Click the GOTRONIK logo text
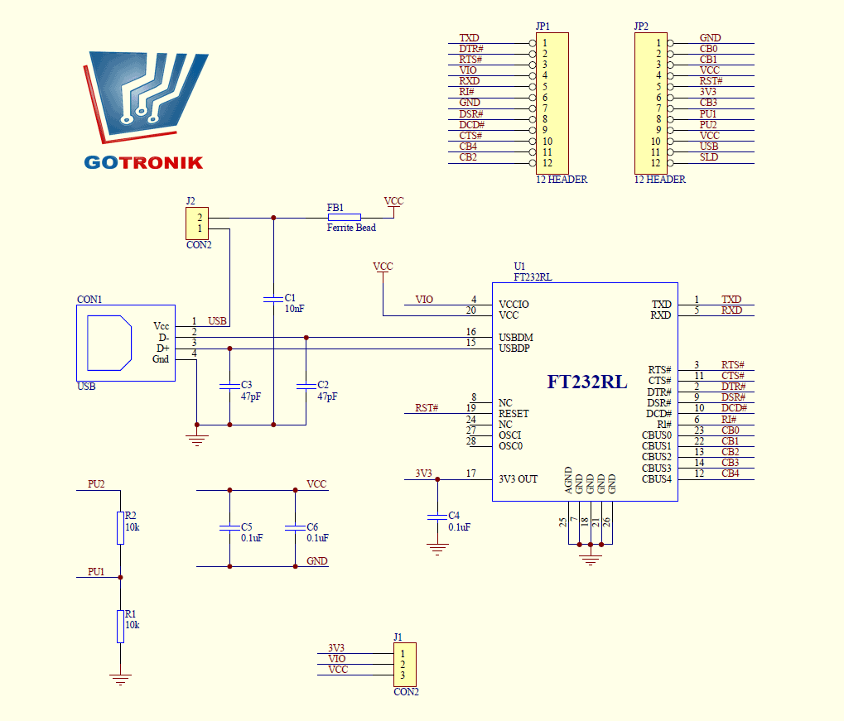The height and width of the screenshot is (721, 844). tap(143, 162)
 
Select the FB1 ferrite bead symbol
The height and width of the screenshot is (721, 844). tap(344, 218)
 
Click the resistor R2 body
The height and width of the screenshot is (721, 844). tap(120, 527)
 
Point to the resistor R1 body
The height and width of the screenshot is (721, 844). tap(120, 626)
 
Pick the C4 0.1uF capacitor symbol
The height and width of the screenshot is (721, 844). tap(436, 517)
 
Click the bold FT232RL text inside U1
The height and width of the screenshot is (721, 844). tap(586, 382)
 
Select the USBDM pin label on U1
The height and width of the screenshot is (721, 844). tap(516, 338)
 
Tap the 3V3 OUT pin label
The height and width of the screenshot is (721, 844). tap(518, 479)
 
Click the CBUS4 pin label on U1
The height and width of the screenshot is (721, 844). tap(657, 479)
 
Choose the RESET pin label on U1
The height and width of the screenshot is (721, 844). tap(514, 414)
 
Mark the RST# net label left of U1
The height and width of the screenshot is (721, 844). tap(427, 408)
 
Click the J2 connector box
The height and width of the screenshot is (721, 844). tap(197, 224)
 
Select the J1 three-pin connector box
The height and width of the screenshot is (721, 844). tap(404, 665)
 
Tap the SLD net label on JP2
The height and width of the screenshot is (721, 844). tap(709, 157)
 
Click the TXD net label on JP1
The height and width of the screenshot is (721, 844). tap(469, 38)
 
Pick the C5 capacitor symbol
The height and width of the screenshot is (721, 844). tap(229, 527)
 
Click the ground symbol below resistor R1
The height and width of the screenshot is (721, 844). tap(120, 680)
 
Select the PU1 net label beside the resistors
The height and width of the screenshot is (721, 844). tap(96, 572)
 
